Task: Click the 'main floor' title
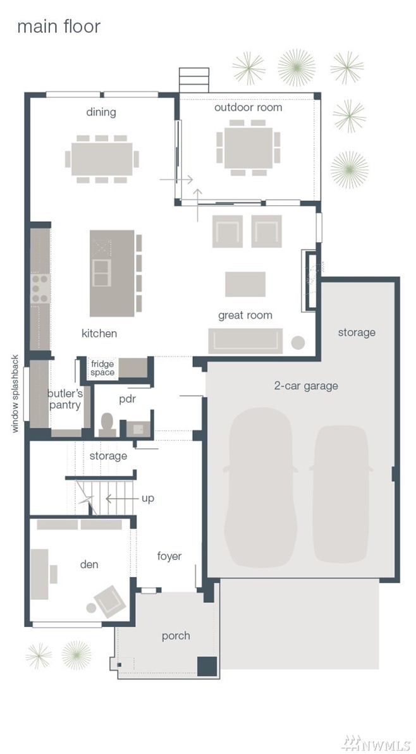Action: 59,27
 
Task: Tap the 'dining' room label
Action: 101,112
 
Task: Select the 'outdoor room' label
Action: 248,107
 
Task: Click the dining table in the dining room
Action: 102,159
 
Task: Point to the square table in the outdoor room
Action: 248,148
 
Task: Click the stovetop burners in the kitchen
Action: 40,289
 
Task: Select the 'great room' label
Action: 245,315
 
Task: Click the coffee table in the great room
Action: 245,284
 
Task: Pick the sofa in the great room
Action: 245,341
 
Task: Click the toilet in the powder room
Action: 106,423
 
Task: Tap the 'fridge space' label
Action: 103,368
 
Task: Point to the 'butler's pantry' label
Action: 65,399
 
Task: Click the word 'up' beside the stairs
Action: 148,498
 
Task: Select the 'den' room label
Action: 89,564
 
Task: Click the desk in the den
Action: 39,574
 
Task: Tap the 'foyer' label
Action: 169,556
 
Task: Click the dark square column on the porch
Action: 207,666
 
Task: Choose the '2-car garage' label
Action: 306,386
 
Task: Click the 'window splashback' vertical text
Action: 15,394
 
